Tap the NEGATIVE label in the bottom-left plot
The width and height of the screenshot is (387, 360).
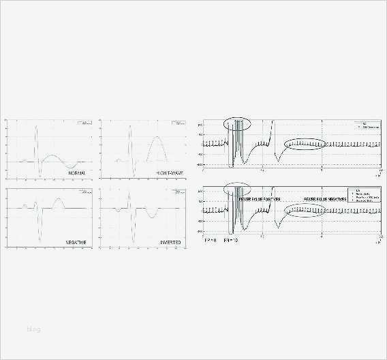point(76,241)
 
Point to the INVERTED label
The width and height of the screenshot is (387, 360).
point(170,241)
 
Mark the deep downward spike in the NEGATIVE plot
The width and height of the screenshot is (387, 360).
point(40,232)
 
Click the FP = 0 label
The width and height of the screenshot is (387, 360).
point(211,241)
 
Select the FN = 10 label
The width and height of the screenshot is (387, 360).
point(232,241)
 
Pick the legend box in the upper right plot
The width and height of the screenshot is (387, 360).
point(361,126)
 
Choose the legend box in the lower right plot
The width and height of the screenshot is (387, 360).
point(361,196)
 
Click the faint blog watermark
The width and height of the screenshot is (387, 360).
point(33,330)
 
